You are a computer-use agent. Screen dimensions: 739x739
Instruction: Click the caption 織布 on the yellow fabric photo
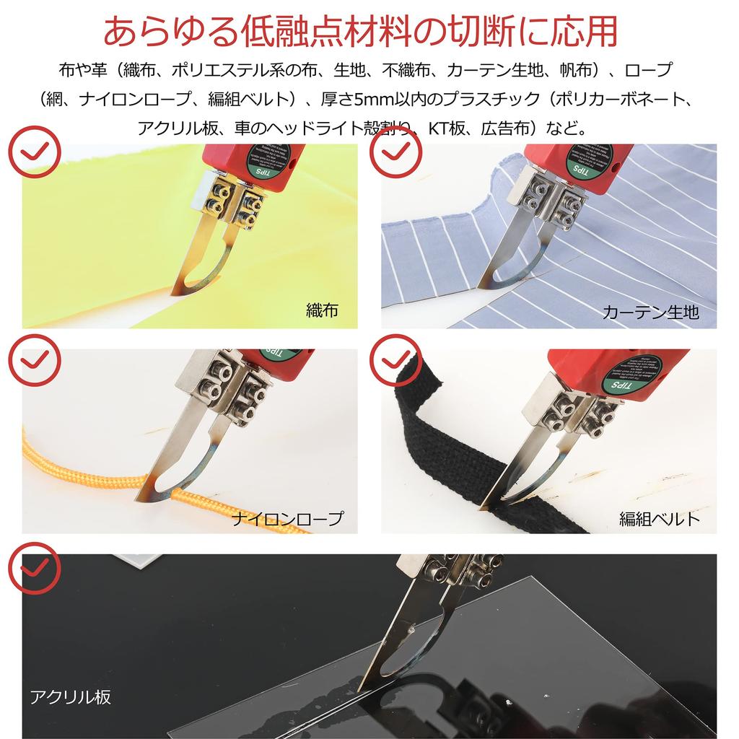pyautogui.click(x=322, y=311)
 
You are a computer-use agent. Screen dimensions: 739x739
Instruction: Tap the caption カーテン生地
pyautogui.click(x=650, y=312)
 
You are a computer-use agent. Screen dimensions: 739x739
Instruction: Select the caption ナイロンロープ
pyautogui.click(x=288, y=518)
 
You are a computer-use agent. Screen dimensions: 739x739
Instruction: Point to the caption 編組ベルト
pyautogui.click(x=660, y=518)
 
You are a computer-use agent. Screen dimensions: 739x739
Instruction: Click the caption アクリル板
pyautogui.click(x=70, y=697)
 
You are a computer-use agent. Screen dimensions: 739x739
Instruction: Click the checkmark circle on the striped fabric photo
pyautogui.click(x=395, y=152)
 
